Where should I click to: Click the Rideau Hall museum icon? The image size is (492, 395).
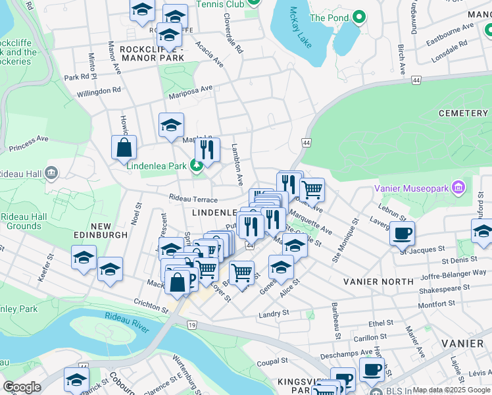pos(52,174)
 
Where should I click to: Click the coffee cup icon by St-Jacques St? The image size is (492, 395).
pos(402,232)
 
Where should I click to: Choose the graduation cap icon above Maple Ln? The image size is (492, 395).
pos(171,125)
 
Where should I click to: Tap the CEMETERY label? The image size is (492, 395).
pos(463,113)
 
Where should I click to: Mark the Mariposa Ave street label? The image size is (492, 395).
pos(189,88)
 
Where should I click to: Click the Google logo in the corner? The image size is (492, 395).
pos(22,387)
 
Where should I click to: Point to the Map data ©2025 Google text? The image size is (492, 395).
pos(450,390)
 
